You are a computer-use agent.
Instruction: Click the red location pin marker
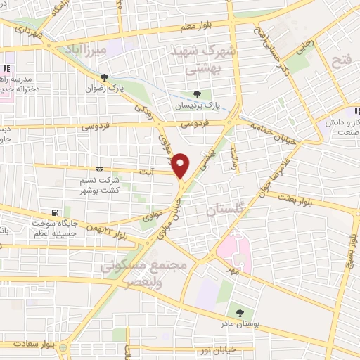[x=181, y=165]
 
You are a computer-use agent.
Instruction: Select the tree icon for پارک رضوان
[x=104, y=78]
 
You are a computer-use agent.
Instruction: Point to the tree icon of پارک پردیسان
[x=198, y=94]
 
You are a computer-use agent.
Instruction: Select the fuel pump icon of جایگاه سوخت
[x=55, y=213]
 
